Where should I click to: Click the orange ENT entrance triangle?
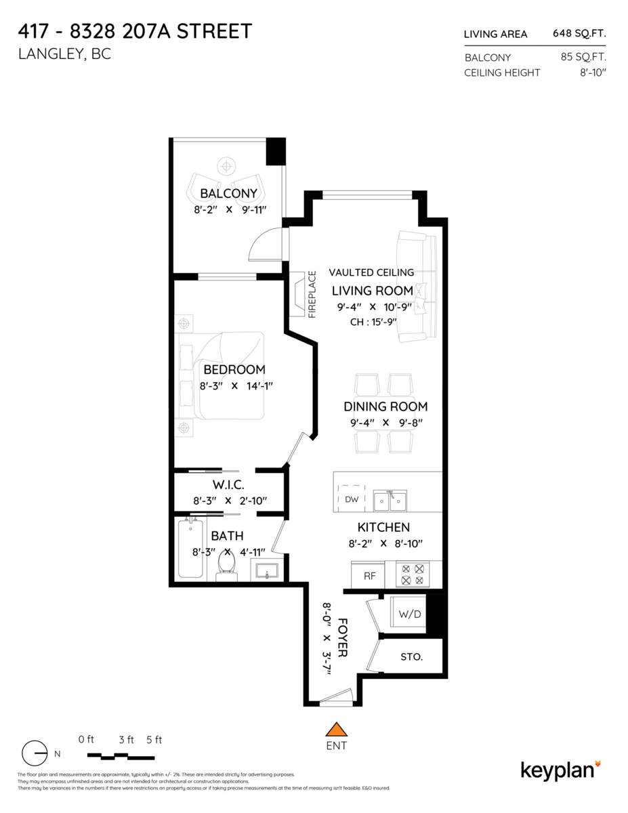pyautogui.click(x=336, y=729)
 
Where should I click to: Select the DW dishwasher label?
pyautogui.click(x=351, y=499)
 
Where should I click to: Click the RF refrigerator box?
pyautogui.click(x=369, y=576)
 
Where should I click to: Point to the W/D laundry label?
pyautogui.click(x=409, y=615)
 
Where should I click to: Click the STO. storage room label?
pyautogui.click(x=411, y=657)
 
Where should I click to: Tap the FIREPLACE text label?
pyautogui.click(x=312, y=295)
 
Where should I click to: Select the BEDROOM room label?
pyautogui.click(x=234, y=370)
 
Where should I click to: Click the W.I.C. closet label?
pyautogui.click(x=228, y=485)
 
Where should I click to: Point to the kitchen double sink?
pyautogui.click(x=390, y=501)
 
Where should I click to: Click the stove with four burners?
pyautogui.click(x=413, y=575)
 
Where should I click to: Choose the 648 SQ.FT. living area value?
pyautogui.click(x=579, y=33)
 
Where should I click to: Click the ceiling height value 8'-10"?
pyautogui.click(x=593, y=72)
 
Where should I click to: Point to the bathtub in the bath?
pyautogui.click(x=190, y=548)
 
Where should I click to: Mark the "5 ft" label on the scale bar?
pyautogui.click(x=154, y=740)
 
